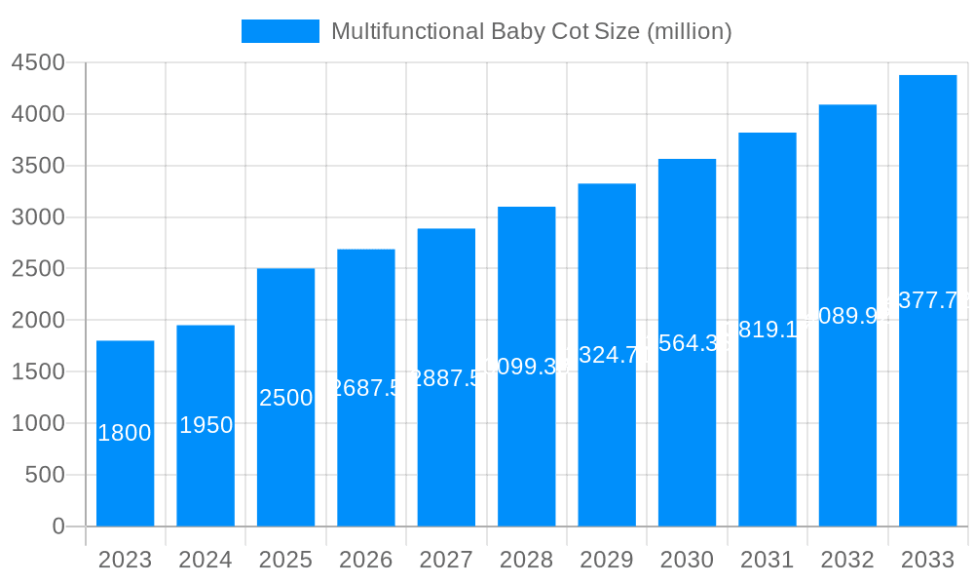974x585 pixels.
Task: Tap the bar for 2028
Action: pos(526,439)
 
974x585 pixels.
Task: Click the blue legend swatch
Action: pos(281,31)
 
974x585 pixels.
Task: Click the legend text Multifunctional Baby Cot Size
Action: pos(531,31)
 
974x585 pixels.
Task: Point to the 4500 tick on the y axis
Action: pos(38,63)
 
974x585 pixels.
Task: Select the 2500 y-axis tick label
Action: pos(38,269)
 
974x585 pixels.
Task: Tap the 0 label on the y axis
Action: pos(57,526)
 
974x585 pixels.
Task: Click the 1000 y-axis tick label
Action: pos(38,423)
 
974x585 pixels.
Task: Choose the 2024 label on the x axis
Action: pos(206,560)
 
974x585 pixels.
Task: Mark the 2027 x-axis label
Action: pos(446,560)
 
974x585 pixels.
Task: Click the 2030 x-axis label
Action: pos(687,560)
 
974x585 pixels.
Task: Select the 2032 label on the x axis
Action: pos(847,560)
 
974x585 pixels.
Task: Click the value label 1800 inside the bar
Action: pos(125,433)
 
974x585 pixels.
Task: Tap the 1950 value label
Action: pos(206,425)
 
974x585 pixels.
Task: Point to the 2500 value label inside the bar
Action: pos(285,398)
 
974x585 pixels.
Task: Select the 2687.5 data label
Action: pos(366,388)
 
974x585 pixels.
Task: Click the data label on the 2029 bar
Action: pos(607,355)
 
